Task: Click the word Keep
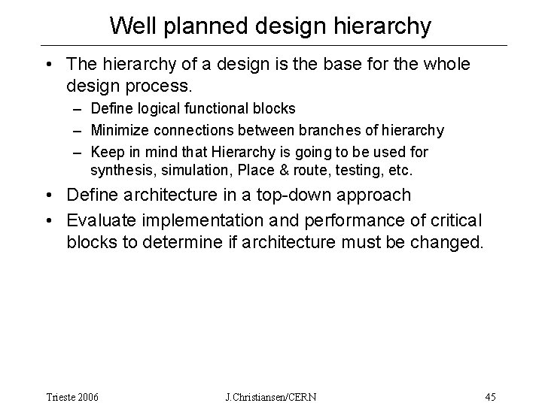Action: point(107,152)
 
